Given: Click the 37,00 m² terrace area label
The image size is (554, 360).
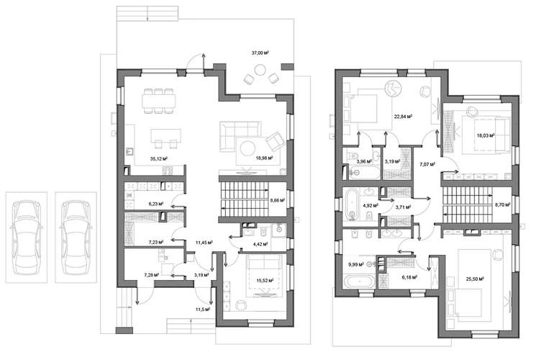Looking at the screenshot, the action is coord(260,53).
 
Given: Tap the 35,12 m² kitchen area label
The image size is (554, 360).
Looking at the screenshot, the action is coord(158,159).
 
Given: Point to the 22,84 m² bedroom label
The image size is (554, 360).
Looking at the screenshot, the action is coord(403,116).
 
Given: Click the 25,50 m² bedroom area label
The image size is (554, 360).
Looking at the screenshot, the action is coord(475,279).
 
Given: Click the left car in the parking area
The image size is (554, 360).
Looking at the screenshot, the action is coord(27,237).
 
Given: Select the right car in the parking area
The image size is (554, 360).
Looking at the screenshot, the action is coord(76,237).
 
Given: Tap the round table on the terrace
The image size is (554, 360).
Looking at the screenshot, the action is coord(260,70).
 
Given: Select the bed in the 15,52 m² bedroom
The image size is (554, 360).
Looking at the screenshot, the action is coord(265,274).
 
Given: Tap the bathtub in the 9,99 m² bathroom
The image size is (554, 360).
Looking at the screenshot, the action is coord(359,282).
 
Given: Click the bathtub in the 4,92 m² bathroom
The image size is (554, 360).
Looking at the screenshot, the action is coord(352,204).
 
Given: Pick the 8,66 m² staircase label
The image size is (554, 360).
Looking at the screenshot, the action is coord(277,200).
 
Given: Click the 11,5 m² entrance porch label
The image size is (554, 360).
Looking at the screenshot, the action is coord(203,309).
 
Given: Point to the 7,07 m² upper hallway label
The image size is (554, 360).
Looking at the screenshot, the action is coord(427,164).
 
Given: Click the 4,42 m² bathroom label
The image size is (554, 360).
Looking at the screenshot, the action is coord(259,243).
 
